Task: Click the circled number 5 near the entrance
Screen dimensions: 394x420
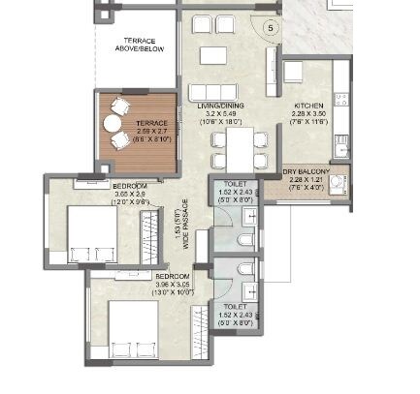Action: pyautogui.click(x=271, y=28)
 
